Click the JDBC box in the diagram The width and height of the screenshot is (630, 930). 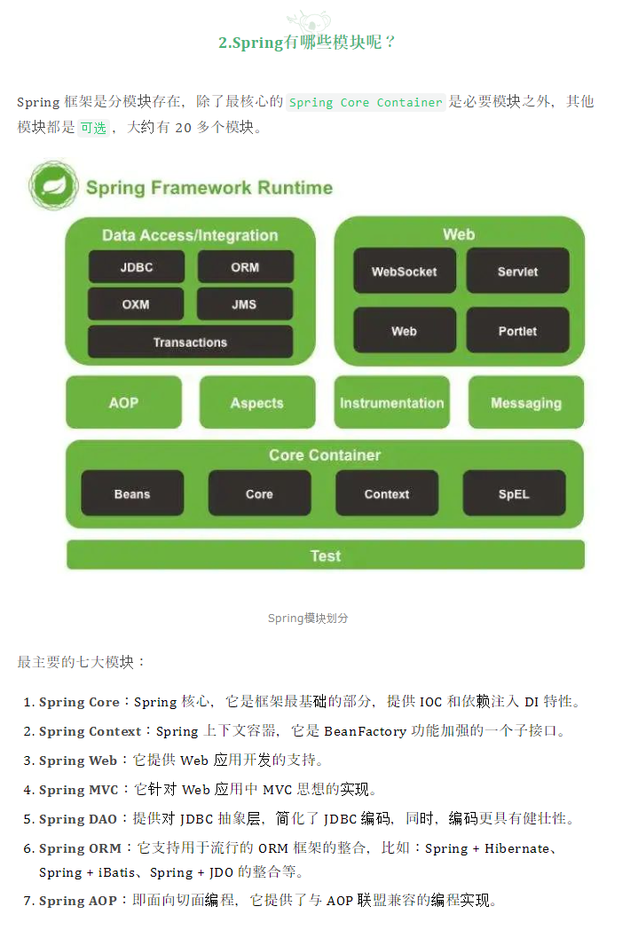tap(137, 267)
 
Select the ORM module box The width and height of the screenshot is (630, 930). tap(245, 267)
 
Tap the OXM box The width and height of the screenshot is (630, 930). tap(136, 304)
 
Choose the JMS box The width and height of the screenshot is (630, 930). tap(245, 304)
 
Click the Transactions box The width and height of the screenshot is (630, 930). tap(190, 343)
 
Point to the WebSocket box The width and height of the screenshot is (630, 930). tap(405, 271)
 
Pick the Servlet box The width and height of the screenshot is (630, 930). tap(517, 271)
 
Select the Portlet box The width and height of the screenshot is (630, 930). tap(517, 331)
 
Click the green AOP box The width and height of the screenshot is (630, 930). tap(123, 403)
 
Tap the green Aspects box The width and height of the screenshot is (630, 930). tap(256, 403)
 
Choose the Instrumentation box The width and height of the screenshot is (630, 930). tap(391, 403)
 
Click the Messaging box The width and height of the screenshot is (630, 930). tap(526, 403)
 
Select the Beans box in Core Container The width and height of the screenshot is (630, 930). tap(132, 494)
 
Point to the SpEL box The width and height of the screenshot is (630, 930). tap(514, 494)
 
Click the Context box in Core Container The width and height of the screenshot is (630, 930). tap(387, 494)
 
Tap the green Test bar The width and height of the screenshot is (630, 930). tap(326, 556)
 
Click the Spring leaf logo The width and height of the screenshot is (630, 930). tap(53, 185)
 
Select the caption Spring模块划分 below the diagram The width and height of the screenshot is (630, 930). tap(308, 618)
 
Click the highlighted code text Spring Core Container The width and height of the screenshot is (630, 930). tap(366, 102)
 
